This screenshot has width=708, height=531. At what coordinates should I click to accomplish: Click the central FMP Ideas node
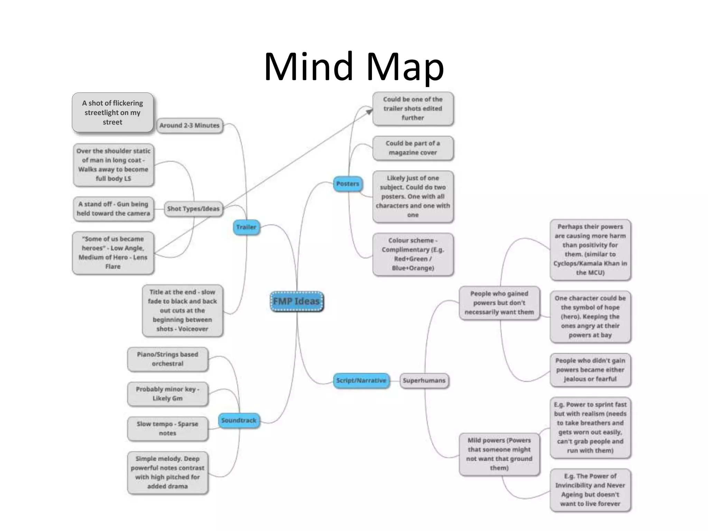297,301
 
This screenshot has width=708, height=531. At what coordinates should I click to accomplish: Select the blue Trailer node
246,227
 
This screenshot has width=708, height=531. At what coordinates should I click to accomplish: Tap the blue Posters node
347,184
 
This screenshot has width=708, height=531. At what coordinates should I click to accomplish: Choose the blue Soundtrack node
239,420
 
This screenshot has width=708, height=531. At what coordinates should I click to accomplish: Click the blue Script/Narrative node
361,380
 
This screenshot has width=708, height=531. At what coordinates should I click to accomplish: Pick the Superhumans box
424,380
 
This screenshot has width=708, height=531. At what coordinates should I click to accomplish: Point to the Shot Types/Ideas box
193,209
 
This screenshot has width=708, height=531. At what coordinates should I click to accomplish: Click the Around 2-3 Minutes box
189,125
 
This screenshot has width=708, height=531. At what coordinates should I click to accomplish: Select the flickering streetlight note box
113,112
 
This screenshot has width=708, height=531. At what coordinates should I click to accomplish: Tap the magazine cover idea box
413,148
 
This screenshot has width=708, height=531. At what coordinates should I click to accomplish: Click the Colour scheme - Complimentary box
413,254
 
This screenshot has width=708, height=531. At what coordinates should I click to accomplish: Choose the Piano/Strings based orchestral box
168,359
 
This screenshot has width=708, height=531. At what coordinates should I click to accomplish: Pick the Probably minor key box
168,394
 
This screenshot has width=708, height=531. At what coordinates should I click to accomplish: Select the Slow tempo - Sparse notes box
168,429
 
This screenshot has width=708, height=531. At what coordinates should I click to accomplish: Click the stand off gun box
113,209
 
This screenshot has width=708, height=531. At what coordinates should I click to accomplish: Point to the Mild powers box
499,454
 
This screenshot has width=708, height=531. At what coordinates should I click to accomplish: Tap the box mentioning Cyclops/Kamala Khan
590,250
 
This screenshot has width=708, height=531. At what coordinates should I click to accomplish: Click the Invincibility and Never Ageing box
590,490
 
